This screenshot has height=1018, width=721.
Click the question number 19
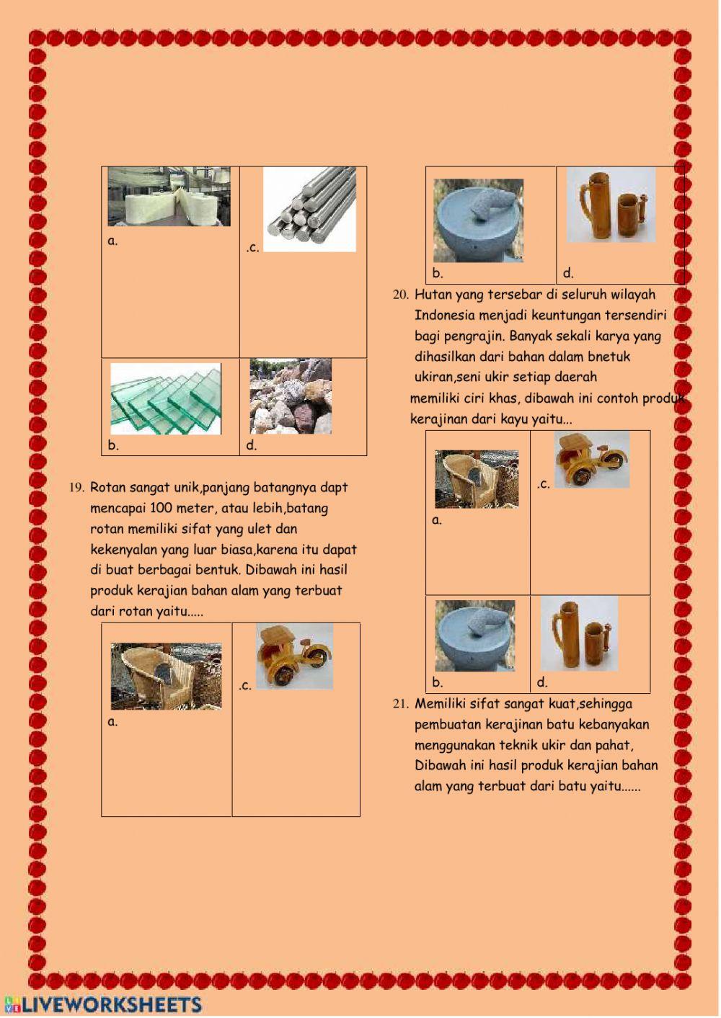[x=76, y=488]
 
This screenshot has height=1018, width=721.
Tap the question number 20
[x=401, y=295]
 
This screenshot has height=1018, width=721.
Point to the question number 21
[x=401, y=704]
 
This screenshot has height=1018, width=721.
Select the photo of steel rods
[x=309, y=209]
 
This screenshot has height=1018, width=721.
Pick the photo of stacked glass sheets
[x=166, y=398]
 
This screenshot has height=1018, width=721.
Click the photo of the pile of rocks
[x=291, y=396]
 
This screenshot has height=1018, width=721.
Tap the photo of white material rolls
[x=169, y=197]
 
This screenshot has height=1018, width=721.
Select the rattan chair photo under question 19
[x=166, y=677]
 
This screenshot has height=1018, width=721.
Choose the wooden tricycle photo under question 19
[x=294, y=656]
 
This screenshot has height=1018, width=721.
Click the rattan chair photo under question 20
[x=476, y=479]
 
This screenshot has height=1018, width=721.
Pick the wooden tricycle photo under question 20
[x=591, y=459]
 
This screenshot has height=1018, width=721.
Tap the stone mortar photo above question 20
[x=478, y=220]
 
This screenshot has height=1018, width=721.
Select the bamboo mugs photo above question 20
[x=611, y=205]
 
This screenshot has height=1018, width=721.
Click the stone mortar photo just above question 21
[x=474, y=635]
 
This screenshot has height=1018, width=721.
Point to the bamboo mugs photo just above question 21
[x=579, y=633]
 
